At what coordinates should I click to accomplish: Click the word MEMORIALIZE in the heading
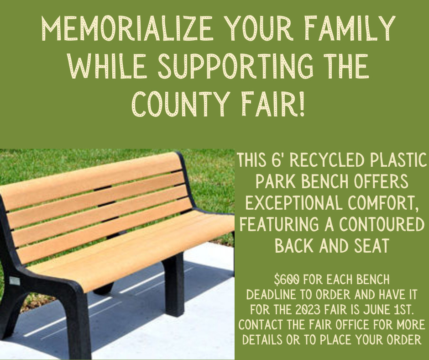click(127, 28)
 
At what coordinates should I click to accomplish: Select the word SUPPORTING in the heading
click(235, 66)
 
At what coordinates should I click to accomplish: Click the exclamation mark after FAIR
click(302, 104)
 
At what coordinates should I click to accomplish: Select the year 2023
click(308, 310)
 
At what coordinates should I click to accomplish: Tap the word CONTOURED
click(382, 224)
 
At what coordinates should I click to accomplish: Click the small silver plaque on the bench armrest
click(15, 281)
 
